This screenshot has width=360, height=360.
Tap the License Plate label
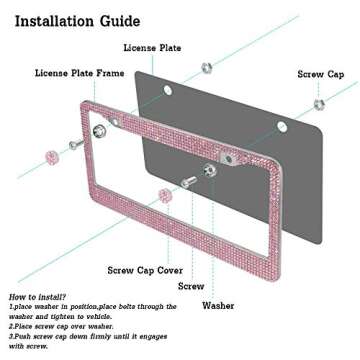(152, 48)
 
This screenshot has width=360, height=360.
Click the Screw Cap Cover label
(144, 269)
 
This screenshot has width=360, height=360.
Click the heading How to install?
(37, 298)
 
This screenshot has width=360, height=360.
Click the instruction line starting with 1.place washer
(90, 309)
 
